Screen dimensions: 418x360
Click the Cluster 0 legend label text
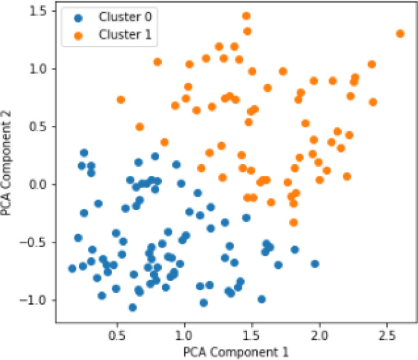[x=125, y=17]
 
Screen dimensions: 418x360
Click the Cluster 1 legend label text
[x=125, y=34]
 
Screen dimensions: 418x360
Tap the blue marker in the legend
[x=78, y=18]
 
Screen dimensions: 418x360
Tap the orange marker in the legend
[x=78, y=36]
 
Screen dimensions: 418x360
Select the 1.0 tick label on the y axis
[x=38, y=69]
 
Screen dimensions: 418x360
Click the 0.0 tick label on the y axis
[x=38, y=184]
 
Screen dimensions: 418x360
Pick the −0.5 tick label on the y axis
[x=34, y=242]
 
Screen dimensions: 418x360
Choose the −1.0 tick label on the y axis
[x=34, y=300]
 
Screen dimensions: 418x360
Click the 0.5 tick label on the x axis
[x=117, y=335]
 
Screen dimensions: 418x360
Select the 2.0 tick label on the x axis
[x=320, y=335]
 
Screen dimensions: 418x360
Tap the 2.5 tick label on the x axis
[x=387, y=335]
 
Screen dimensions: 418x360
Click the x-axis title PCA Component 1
[x=236, y=352]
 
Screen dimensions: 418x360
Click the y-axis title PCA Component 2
[x=6, y=163]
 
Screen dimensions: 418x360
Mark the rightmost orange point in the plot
[x=400, y=34]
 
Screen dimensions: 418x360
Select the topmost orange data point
[x=247, y=16]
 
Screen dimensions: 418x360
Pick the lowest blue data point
[x=133, y=308]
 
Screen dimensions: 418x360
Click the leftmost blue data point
[x=72, y=268]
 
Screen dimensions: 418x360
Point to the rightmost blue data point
[x=315, y=264]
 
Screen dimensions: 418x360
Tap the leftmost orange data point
[x=121, y=100]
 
